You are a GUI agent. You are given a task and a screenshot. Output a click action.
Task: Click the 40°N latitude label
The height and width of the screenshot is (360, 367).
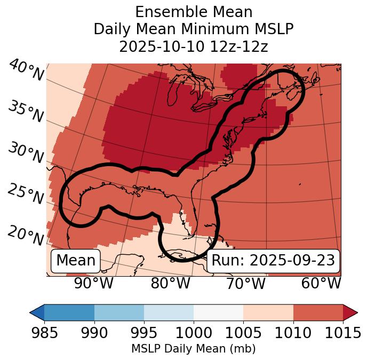[x=26, y=71]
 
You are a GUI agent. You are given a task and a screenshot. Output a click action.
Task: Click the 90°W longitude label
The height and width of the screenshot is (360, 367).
[x=94, y=284]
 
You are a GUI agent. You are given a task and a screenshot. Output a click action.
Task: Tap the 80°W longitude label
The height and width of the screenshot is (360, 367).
[x=170, y=284]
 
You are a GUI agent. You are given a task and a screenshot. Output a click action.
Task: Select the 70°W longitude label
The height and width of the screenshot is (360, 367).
[x=246, y=284]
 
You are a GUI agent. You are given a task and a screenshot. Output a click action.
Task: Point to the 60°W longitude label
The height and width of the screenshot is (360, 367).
[x=321, y=284]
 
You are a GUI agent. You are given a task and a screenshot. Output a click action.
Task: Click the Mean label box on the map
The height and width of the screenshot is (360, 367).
[x=76, y=261]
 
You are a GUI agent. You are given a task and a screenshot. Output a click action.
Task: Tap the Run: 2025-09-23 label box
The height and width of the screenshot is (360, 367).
[x=273, y=261]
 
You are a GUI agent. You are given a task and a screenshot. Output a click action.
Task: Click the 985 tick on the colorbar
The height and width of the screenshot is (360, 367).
[x=44, y=333]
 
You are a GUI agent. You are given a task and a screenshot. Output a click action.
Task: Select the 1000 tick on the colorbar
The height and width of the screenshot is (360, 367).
[x=194, y=333]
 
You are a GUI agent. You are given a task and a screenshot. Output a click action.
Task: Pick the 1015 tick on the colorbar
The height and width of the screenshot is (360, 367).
[x=342, y=333]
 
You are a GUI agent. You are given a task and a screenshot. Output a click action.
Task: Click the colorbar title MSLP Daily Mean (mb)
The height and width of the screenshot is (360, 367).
[x=193, y=349]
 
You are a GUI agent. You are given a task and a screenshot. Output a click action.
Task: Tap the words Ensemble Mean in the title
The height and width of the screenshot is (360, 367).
[x=193, y=12]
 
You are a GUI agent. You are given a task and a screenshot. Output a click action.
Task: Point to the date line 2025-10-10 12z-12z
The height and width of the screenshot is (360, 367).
[x=193, y=46]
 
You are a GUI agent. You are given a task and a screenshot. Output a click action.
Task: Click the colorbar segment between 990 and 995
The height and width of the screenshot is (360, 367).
[x=119, y=312]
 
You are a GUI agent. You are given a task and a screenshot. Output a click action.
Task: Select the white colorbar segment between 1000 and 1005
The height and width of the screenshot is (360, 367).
[x=218, y=312]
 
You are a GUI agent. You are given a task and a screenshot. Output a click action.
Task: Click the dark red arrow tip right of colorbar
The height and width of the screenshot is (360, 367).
[x=350, y=312]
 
